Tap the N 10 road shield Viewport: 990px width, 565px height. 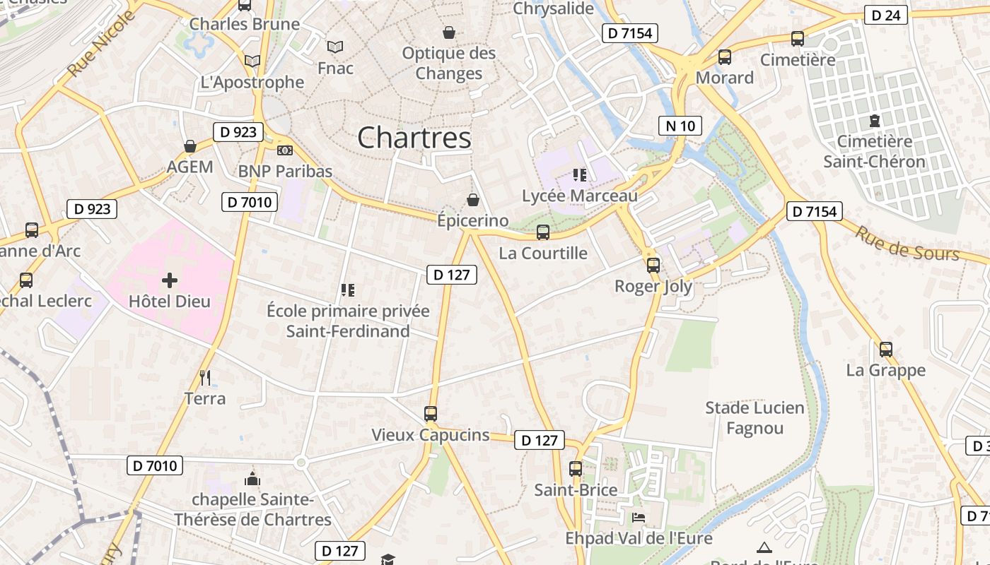pyautogui.click(x=680, y=126)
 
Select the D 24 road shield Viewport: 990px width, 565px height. pyautogui.click(x=885, y=14)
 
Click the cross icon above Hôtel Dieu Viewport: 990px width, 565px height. pyautogui.click(x=170, y=280)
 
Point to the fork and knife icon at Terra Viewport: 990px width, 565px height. pyautogui.click(x=205, y=378)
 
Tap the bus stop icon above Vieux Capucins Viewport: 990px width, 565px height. pyautogui.click(x=431, y=414)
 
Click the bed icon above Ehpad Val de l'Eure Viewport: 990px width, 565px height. pyautogui.click(x=638, y=517)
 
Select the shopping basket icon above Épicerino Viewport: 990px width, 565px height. pyautogui.click(x=473, y=201)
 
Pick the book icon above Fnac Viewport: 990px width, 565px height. pyautogui.click(x=335, y=47)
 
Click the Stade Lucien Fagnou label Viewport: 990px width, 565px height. pyautogui.click(x=755, y=418)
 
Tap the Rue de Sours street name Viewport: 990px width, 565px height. pyautogui.click(x=907, y=244)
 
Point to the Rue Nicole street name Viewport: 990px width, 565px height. pyautogui.click(x=100, y=44)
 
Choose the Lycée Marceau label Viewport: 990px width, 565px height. pyautogui.click(x=580, y=196)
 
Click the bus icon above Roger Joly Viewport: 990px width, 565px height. pyautogui.click(x=653, y=266)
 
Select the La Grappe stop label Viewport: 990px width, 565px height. pyautogui.click(x=886, y=370)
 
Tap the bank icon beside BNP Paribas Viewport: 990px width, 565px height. pyautogui.click(x=285, y=150)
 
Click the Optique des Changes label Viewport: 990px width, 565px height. pyautogui.click(x=449, y=63)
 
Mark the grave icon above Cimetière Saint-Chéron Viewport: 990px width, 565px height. pyautogui.click(x=875, y=121)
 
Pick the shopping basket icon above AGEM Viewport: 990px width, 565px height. pyautogui.click(x=190, y=146)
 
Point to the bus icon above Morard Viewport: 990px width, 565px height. pyautogui.click(x=725, y=57)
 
